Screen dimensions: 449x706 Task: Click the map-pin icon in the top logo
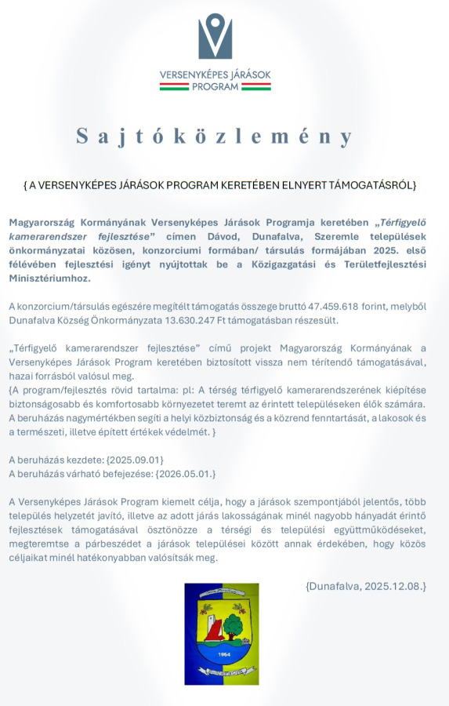coord(215,35)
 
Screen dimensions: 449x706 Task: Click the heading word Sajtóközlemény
coord(215,136)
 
